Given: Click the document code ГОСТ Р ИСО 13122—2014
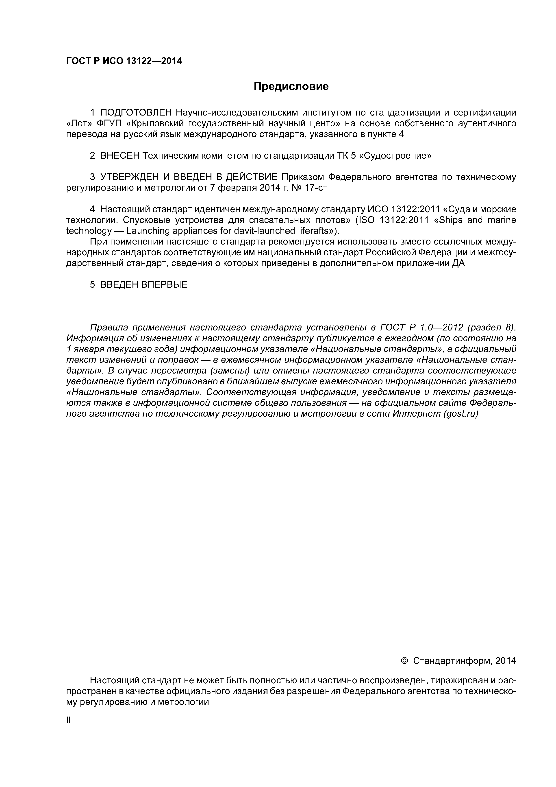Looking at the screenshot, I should (124, 61).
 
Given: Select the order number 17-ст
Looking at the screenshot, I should (316, 188).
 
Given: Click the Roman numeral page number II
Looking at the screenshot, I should (68, 720).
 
